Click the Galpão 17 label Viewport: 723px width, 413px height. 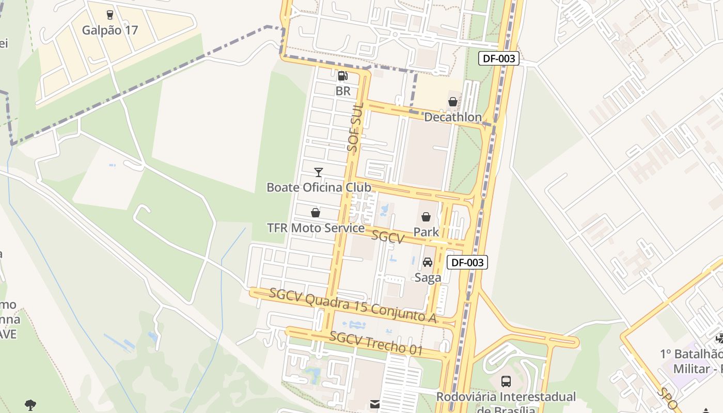click(x=110, y=30)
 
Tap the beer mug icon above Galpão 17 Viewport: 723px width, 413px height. click(x=109, y=14)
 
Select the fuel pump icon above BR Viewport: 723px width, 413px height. click(x=342, y=76)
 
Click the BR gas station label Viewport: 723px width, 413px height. click(x=343, y=91)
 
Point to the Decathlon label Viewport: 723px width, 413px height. click(x=452, y=117)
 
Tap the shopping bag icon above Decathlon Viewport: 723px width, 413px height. click(x=453, y=102)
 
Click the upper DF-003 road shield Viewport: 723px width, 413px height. click(x=499, y=58)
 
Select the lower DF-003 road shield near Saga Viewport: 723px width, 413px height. click(x=467, y=262)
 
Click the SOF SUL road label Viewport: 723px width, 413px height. click(x=356, y=127)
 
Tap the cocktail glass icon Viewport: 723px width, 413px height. click(x=319, y=172)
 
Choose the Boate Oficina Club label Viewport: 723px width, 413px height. click(x=319, y=187)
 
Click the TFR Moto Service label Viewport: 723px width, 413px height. click(x=316, y=228)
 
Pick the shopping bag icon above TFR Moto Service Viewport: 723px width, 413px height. click(x=316, y=213)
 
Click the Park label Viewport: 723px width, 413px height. click(x=426, y=232)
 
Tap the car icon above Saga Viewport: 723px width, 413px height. click(x=428, y=262)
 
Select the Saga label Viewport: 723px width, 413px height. click(x=428, y=277)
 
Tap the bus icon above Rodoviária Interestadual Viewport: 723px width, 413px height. click(x=506, y=382)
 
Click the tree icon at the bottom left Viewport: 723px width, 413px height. click(x=30, y=405)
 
